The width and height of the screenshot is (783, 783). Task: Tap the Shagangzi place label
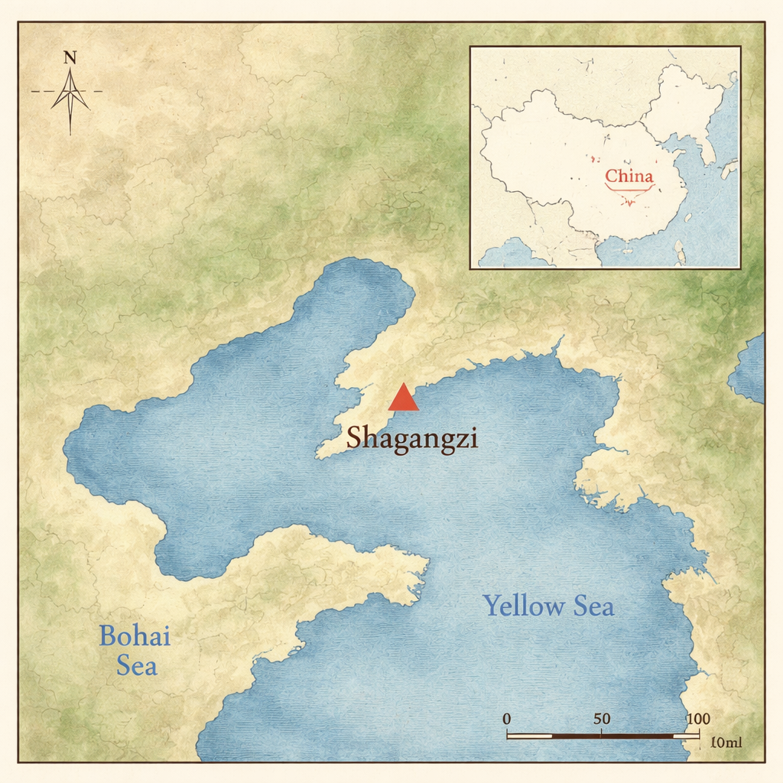(x=412, y=439)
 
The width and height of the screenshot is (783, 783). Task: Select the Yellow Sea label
(x=548, y=606)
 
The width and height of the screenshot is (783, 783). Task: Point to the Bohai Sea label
(x=135, y=650)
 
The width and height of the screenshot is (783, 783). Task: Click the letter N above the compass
(x=70, y=57)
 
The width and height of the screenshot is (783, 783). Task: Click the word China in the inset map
(x=629, y=177)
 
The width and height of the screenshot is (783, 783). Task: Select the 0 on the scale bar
(x=507, y=719)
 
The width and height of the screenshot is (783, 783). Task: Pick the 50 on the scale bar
(x=602, y=719)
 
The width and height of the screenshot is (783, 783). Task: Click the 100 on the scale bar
(x=698, y=719)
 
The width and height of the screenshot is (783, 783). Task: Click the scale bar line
(x=603, y=736)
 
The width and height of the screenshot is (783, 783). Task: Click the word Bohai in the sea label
(x=135, y=635)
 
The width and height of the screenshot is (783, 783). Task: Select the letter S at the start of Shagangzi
(x=355, y=438)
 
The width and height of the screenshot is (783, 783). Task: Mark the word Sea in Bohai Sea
(x=137, y=665)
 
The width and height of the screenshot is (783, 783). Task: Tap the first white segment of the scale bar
(x=530, y=736)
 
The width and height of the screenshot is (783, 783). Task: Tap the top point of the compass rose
(x=70, y=70)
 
